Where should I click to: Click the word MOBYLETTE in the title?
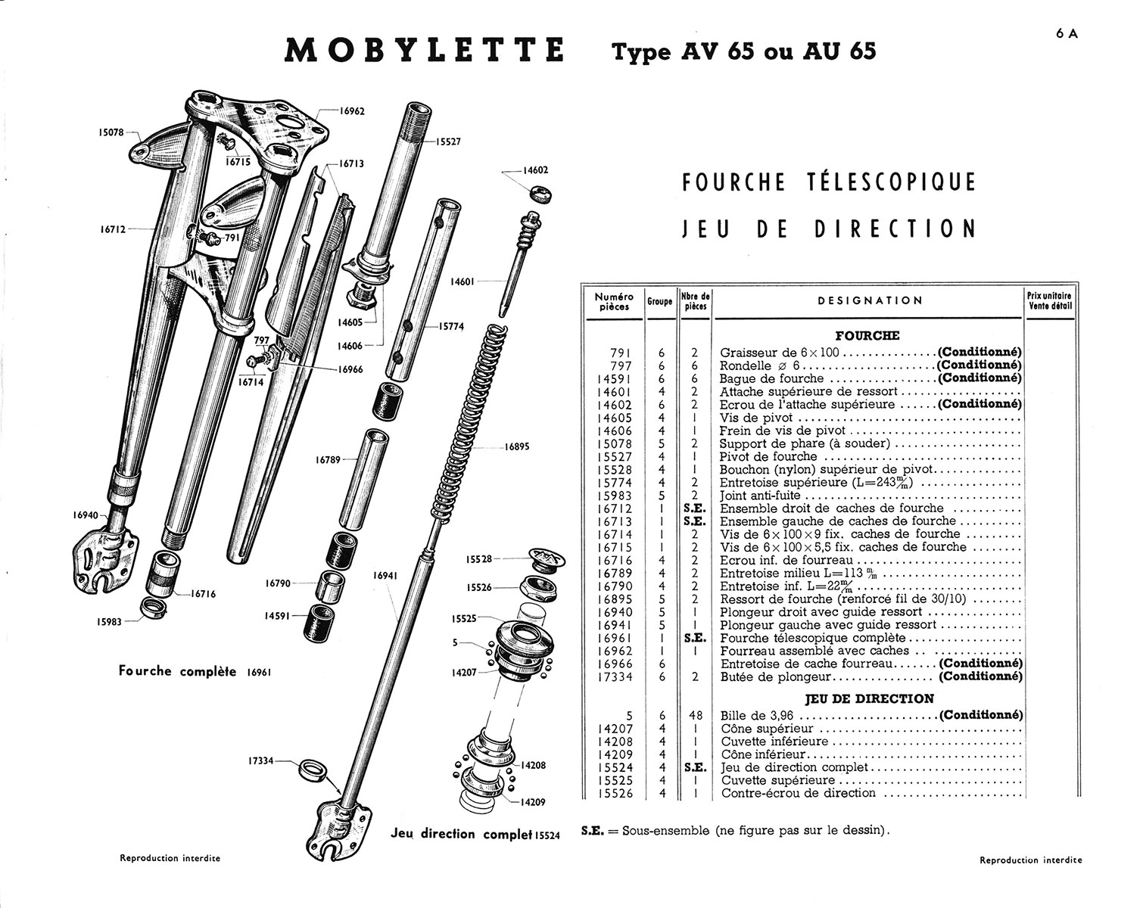pos(425,51)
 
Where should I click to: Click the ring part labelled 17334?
pos(314,771)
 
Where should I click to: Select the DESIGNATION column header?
pos(870,300)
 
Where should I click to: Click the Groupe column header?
pos(659,301)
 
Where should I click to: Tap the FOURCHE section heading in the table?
pos(867,335)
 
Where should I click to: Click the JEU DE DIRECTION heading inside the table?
pos(869,698)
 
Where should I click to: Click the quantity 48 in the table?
pos(694,715)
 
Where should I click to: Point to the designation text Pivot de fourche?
pos(768,456)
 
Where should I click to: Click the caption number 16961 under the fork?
pos(258,672)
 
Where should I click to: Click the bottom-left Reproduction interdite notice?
pos(170,858)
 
